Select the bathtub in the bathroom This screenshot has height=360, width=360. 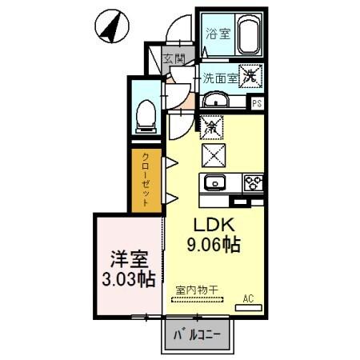248,35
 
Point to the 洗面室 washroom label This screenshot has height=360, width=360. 218,78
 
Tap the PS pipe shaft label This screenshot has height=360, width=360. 257,103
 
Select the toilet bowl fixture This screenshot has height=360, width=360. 146,114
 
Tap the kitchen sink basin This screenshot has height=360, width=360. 215,183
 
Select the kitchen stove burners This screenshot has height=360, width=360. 254,183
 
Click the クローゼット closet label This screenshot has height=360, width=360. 146,180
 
